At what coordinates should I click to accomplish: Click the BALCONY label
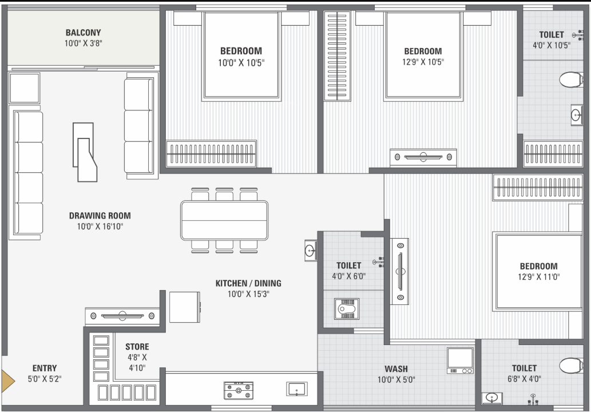coord(83,33)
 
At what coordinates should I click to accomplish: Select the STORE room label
coord(137,347)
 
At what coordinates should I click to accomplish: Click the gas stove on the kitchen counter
coord(239,391)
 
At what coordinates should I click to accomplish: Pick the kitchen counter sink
coord(296,389)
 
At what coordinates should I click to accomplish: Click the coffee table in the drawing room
coord(85,152)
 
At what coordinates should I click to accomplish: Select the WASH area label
coord(396,369)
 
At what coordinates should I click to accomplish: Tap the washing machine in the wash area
coord(460,360)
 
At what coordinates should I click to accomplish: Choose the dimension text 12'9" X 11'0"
coord(538,278)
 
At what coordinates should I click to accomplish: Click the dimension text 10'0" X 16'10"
coord(100,226)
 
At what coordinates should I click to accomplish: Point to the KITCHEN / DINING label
coord(248,283)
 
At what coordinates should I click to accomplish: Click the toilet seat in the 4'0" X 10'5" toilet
coord(570,80)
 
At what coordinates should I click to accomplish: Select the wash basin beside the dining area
coord(310,250)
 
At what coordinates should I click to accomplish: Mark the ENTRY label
coord(44,368)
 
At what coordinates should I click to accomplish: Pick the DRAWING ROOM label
coord(100,216)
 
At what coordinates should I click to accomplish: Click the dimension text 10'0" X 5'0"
coord(396,379)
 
